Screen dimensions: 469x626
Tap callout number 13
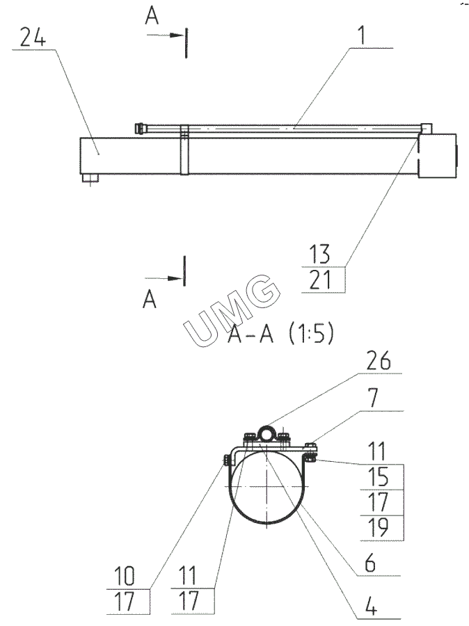(x=319, y=254)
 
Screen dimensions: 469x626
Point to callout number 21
(x=320, y=280)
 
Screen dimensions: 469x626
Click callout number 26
(x=379, y=361)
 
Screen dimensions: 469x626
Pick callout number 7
(x=373, y=398)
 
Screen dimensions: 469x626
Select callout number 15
(x=378, y=476)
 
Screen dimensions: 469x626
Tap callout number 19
(x=378, y=527)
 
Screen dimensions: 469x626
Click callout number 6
(x=370, y=563)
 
